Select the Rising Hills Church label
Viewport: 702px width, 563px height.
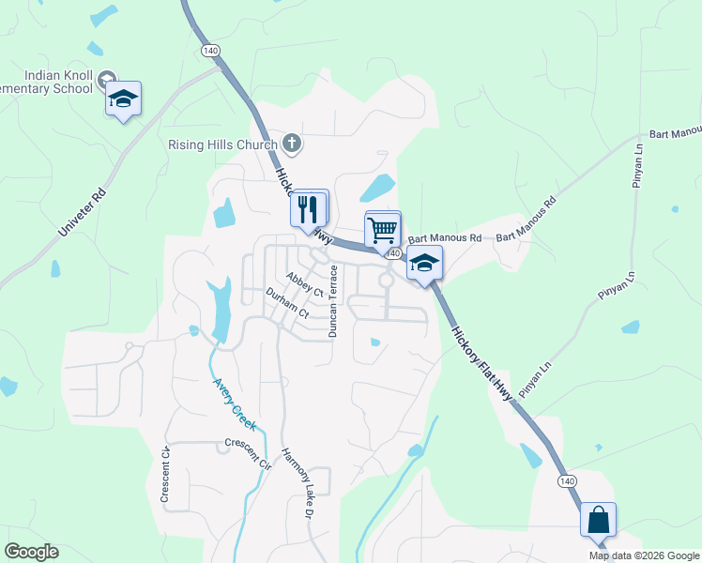[x=222, y=145]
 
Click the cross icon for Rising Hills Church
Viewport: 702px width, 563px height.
[x=292, y=144]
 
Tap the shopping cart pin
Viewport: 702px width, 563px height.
[x=382, y=229]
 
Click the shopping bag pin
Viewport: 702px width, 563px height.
[x=598, y=519]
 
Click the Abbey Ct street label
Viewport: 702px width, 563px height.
[x=305, y=284]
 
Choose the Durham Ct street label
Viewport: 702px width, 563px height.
[x=287, y=302]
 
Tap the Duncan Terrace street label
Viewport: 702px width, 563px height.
[x=331, y=300]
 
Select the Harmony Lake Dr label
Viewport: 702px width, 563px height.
[x=296, y=480]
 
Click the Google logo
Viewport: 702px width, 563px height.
[x=31, y=552]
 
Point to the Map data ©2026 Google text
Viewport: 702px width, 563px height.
[x=643, y=555]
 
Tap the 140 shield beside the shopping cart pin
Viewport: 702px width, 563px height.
[x=393, y=253]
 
